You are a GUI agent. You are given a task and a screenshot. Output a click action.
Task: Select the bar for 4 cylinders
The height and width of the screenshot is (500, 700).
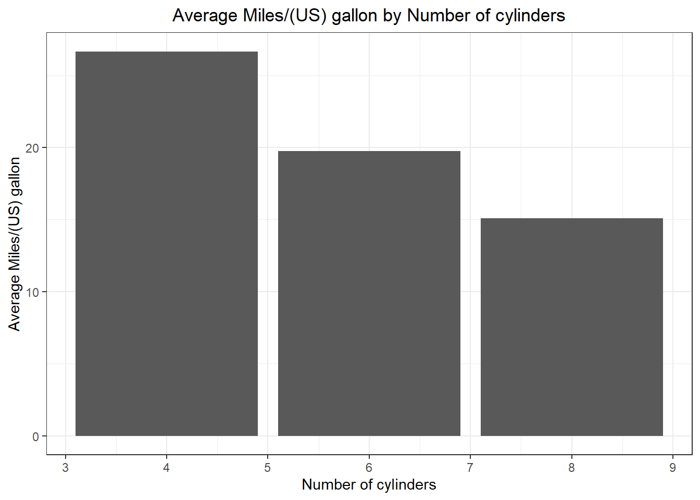point(167,244)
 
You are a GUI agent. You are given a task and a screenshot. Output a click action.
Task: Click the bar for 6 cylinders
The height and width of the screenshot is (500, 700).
point(369,293)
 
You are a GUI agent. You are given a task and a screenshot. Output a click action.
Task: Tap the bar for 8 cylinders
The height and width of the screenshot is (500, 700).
point(571,327)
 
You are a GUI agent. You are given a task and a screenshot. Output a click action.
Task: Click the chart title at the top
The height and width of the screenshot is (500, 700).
point(369,16)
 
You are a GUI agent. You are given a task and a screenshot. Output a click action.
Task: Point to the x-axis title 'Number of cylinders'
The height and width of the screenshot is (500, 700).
point(369,484)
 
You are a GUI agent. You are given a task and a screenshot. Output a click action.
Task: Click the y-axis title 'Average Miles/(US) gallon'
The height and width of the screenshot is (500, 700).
point(15,244)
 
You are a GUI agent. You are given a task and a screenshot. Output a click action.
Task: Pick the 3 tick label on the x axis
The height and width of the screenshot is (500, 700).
point(65,468)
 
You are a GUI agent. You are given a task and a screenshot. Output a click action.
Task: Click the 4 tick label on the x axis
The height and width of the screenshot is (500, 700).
point(167,468)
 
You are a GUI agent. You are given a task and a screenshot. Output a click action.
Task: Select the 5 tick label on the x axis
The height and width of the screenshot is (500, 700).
point(268,468)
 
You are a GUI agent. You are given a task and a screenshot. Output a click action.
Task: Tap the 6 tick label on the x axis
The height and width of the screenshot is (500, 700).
point(369,468)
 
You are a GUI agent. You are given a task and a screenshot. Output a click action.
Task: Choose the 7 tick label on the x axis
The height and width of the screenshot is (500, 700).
point(470,468)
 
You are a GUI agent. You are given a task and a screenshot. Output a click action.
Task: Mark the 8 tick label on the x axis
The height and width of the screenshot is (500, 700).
point(571,468)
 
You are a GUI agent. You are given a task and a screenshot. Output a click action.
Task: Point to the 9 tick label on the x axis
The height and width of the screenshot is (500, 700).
point(673,468)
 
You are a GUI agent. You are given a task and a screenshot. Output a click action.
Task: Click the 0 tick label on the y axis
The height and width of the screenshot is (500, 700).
point(35,436)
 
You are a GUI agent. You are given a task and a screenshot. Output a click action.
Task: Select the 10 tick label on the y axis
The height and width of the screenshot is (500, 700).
point(32,292)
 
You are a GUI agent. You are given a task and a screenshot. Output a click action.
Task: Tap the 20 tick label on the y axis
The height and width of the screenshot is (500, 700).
point(32,148)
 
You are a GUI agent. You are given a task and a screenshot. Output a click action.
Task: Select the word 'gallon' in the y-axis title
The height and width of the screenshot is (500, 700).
point(15,177)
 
